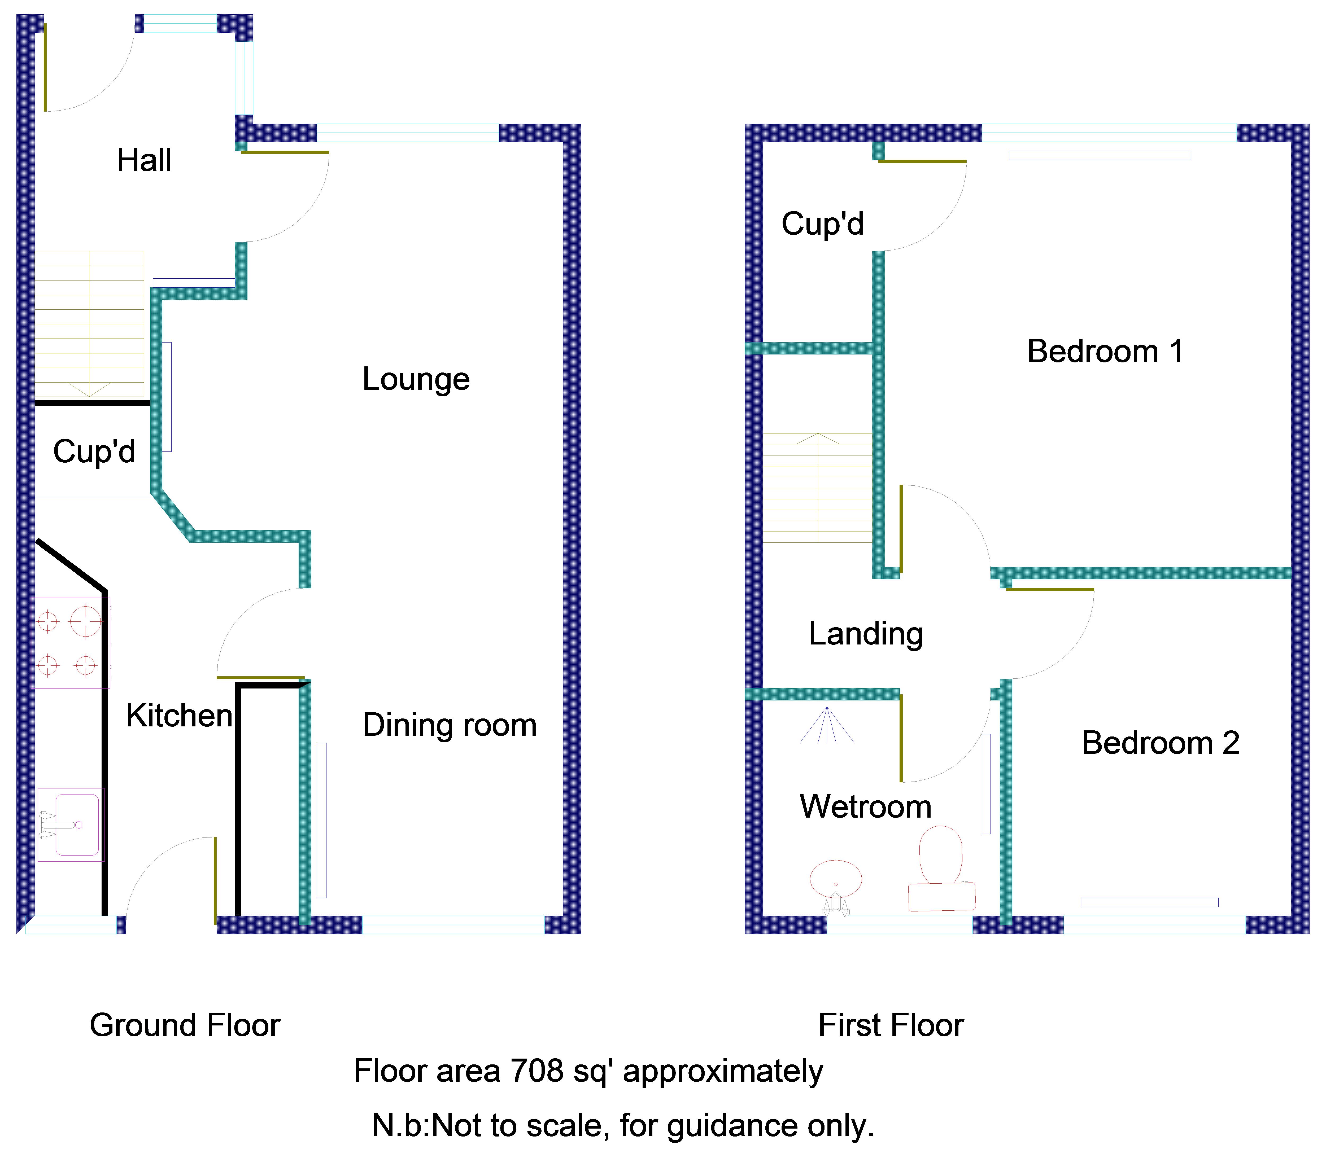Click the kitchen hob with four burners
(x=72, y=642)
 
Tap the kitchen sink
(x=71, y=824)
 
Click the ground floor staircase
(x=89, y=324)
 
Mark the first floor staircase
(x=818, y=488)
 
